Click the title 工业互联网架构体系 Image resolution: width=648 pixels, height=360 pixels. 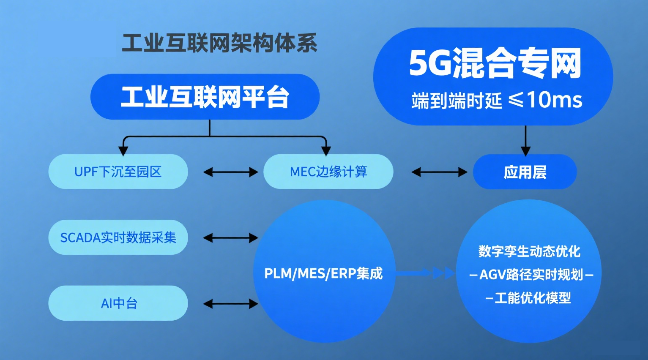click(x=219, y=43)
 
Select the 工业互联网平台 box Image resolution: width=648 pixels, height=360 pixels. click(x=205, y=97)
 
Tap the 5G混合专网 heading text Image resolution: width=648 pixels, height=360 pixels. click(x=495, y=63)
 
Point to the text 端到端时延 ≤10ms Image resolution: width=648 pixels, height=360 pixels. click(x=497, y=101)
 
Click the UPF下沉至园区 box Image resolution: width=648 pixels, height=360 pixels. click(x=118, y=172)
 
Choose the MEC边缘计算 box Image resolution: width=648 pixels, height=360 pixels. click(x=328, y=172)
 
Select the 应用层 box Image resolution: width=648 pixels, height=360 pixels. click(x=525, y=172)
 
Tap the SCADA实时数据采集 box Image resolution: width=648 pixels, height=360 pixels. click(x=118, y=237)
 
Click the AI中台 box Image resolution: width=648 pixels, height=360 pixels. click(x=118, y=303)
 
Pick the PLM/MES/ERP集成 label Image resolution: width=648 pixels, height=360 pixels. click(x=323, y=273)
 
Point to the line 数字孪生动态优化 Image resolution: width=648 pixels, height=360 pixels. click(x=529, y=251)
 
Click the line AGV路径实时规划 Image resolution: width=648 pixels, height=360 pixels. click(x=531, y=275)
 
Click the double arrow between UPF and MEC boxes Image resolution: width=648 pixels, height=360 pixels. click(x=230, y=172)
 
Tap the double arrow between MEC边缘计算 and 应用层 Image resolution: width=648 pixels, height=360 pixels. click(x=439, y=172)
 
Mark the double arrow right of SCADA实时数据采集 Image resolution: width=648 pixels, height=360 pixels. click(x=230, y=238)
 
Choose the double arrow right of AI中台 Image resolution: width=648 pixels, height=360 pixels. click(x=230, y=303)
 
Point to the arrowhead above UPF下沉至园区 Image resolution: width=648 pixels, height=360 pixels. click(x=123, y=150)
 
